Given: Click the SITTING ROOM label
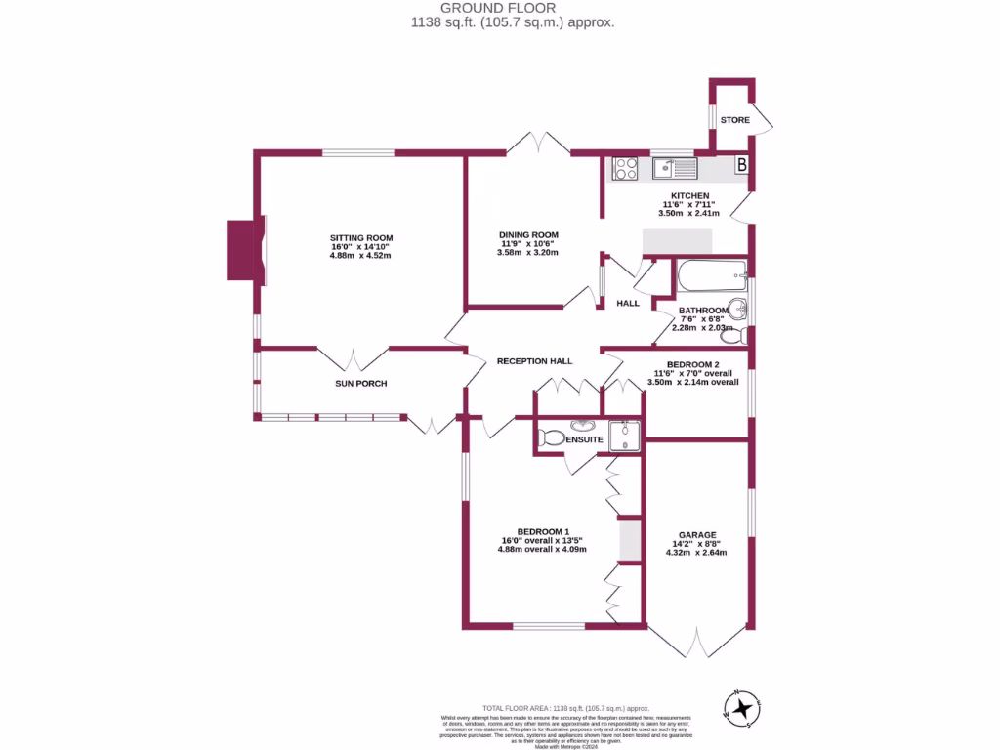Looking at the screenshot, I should (361, 238).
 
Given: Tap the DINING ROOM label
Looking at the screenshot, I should (528, 234).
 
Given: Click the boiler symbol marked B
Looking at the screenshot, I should (741, 166).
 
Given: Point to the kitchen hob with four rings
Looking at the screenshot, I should (625, 169).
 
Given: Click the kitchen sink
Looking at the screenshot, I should (675, 168).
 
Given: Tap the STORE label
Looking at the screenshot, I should (734, 120).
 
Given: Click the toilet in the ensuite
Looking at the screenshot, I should (552, 438).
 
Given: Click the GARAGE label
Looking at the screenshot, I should (697, 535).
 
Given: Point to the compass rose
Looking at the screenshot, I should (744, 707).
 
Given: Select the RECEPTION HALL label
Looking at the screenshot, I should (534, 361).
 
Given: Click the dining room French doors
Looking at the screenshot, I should (538, 144).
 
